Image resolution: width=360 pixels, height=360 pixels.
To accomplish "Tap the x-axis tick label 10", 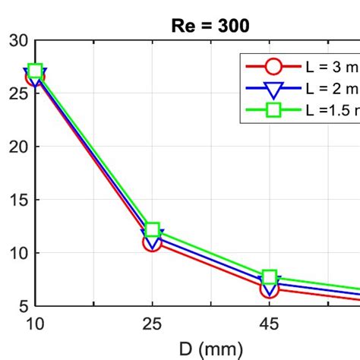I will pos(35,325).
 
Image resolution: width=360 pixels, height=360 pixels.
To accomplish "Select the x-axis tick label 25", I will pos(152,325).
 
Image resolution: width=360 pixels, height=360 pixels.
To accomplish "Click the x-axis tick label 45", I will pos(270,325).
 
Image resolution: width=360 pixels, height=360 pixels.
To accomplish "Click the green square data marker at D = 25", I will pos(152,230).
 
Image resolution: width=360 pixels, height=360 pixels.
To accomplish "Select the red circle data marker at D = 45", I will pos(270,289).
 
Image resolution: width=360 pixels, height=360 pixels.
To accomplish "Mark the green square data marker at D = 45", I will pos(270,277).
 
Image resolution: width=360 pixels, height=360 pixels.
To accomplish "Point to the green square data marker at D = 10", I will pos(35,71).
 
